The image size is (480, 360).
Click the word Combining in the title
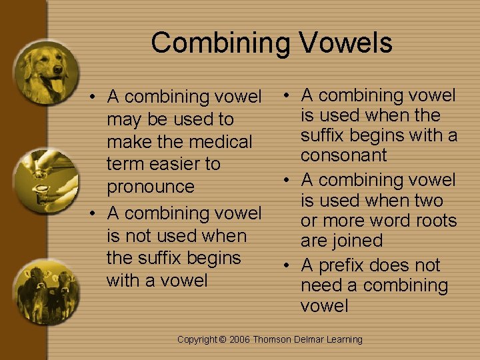pos(220,43)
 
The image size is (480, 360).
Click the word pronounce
pos(151,187)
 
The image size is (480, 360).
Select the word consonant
pos(343,155)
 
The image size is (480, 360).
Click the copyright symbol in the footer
pos(223,340)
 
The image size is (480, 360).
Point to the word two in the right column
pos(428,201)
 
